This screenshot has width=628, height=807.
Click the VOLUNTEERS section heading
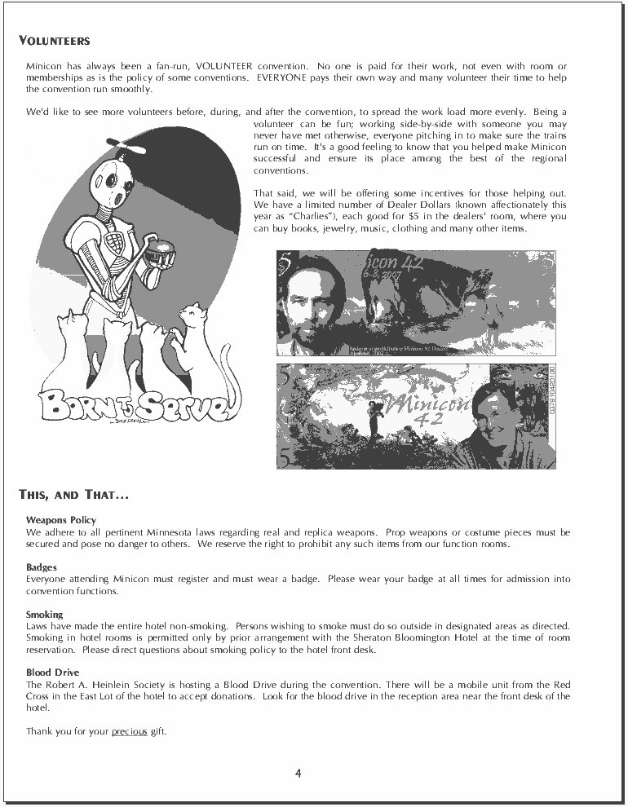click(54, 41)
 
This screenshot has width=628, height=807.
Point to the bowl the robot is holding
click(159, 253)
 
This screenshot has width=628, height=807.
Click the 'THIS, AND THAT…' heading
click(73, 494)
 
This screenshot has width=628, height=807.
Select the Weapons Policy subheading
click(61, 519)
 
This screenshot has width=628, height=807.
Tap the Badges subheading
click(42, 567)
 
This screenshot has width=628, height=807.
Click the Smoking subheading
click(44, 614)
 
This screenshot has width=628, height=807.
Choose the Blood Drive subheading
click(52, 672)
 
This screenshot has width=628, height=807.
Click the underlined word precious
click(129, 731)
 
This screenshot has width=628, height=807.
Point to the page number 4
click(299, 774)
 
